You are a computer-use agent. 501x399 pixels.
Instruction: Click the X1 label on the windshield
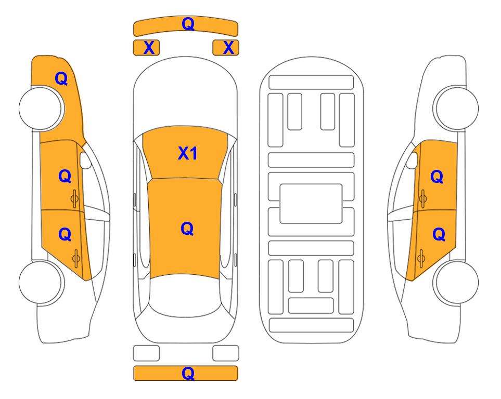[x=188, y=153]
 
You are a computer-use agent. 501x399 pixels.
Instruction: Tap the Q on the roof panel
[x=187, y=229]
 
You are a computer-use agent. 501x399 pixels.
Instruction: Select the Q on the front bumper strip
[x=188, y=24]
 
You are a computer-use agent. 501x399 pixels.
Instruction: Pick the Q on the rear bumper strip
[x=188, y=373]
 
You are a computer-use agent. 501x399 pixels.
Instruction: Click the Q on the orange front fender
[x=61, y=78]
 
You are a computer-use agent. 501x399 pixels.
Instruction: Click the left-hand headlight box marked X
[x=146, y=48]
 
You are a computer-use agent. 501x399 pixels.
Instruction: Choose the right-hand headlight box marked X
[x=226, y=48]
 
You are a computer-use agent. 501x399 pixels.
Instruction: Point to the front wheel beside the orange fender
[x=41, y=108]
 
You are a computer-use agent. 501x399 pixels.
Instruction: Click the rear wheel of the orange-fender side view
[x=41, y=282]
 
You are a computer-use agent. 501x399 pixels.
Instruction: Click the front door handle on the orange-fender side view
[x=75, y=198]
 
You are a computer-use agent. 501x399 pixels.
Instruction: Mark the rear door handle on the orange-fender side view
[x=76, y=258]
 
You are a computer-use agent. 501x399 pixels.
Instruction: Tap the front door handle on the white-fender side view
[x=423, y=198]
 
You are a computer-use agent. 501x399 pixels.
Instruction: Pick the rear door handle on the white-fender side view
[x=421, y=258]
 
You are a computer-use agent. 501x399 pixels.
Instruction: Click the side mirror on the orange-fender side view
[x=85, y=160]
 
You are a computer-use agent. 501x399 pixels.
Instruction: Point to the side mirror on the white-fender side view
[x=412, y=160]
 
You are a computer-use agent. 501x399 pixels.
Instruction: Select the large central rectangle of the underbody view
[x=311, y=204]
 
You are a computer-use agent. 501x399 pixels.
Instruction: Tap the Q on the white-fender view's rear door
[x=439, y=235]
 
